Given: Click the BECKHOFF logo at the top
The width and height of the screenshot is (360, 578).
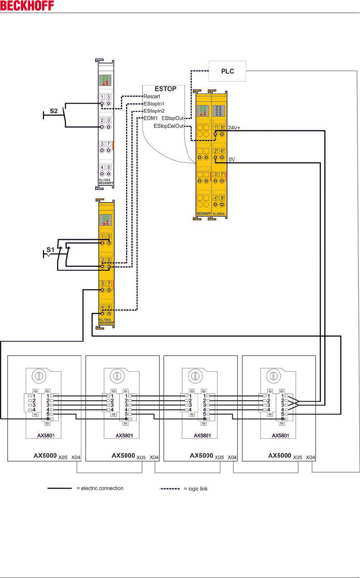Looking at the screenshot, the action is [x=27, y=6].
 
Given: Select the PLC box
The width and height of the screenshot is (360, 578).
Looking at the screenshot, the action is [x=227, y=71].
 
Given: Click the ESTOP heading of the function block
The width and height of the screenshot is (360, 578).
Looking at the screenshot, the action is [x=165, y=89].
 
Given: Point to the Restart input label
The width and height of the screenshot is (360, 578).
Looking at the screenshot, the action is [x=152, y=96].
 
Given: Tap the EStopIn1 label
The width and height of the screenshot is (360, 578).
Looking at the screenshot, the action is [x=154, y=104].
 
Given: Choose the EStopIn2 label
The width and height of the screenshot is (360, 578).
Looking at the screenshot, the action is [x=154, y=111].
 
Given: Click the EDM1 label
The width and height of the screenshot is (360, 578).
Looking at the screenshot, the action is [x=151, y=118].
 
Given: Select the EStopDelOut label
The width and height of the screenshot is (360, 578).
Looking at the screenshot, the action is [x=169, y=126].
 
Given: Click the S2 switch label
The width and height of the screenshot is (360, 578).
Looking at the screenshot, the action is [x=54, y=111].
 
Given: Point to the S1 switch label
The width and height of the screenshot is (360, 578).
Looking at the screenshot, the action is [x=50, y=250].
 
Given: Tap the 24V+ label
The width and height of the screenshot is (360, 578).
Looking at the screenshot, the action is [x=234, y=128].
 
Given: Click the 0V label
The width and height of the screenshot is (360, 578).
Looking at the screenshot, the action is [x=232, y=160].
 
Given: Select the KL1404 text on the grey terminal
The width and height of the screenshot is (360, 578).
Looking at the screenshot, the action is [x=104, y=180].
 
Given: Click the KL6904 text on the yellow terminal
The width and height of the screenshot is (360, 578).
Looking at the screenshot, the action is [x=219, y=214].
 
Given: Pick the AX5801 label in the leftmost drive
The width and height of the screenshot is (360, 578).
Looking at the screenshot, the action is [x=46, y=435].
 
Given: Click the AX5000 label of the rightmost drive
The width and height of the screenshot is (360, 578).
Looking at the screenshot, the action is [x=279, y=456].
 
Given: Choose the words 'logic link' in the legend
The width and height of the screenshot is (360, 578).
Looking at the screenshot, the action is [x=198, y=488].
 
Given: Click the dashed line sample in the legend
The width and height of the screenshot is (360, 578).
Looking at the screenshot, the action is [x=170, y=488].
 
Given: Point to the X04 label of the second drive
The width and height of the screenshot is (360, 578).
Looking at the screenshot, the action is [x=154, y=457].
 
